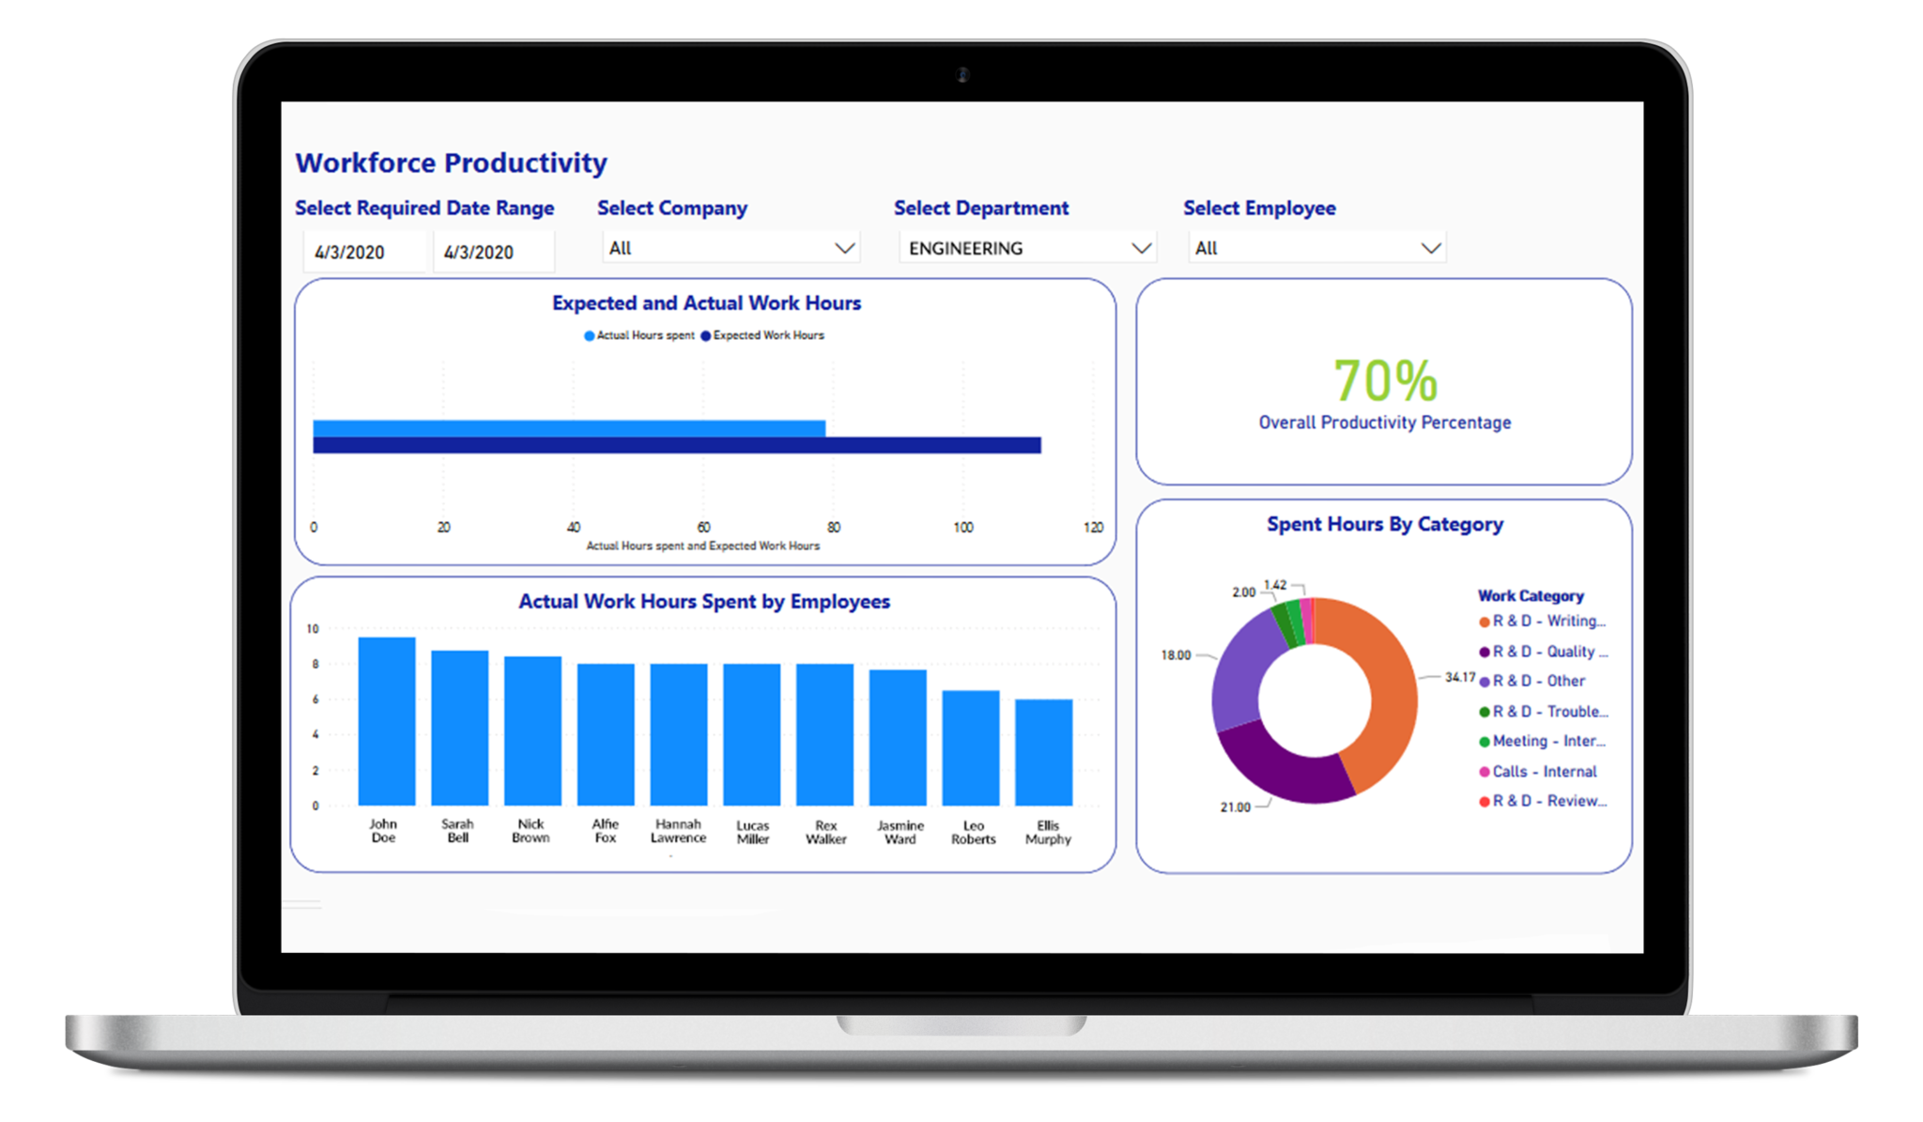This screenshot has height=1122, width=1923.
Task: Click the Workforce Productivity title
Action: pyautogui.click(x=451, y=162)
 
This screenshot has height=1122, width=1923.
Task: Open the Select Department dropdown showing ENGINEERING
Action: pyautogui.click(x=1027, y=248)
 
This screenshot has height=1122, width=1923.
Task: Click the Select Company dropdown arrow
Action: pyautogui.click(x=844, y=248)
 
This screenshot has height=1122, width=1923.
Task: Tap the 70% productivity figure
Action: pyautogui.click(x=1385, y=380)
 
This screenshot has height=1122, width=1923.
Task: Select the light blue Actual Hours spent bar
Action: pyautogui.click(x=568, y=428)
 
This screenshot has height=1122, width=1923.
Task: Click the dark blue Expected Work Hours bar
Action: pyautogui.click(x=676, y=445)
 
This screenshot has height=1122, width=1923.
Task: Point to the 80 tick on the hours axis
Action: pyautogui.click(x=833, y=527)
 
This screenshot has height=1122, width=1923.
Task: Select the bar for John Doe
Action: pyautogui.click(x=386, y=721)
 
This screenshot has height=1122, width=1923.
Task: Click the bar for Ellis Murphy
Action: pyautogui.click(x=1043, y=751)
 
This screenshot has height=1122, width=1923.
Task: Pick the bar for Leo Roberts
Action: pyautogui.click(x=970, y=747)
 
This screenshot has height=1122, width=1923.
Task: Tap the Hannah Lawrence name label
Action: pyautogui.click(x=678, y=830)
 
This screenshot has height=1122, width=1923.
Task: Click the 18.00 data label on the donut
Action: pyautogui.click(x=1175, y=654)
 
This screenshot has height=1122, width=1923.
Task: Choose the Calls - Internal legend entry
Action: pyautogui.click(x=1543, y=771)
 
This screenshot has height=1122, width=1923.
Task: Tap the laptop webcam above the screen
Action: pyautogui.click(x=962, y=74)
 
